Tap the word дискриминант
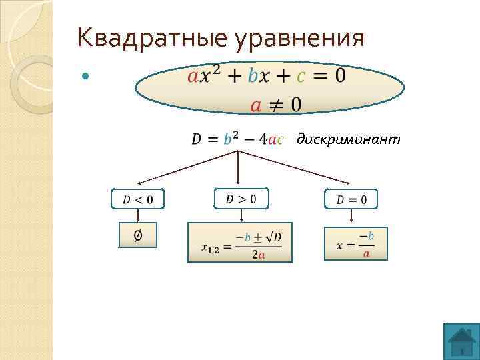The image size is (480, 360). click(x=349, y=139)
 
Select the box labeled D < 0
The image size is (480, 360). click(x=138, y=199)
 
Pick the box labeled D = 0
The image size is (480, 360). click(x=351, y=199)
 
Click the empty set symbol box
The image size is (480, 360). click(x=138, y=235)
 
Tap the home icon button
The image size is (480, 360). click(x=461, y=341)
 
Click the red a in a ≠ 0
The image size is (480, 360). click(x=255, y=105)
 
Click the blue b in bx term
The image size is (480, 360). click(x=252, y=75)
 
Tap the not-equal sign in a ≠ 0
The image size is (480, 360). click(x=275, y=105)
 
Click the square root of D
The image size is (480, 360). click(x=273, y=236)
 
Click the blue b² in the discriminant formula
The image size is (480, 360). click(x=231, y=139)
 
